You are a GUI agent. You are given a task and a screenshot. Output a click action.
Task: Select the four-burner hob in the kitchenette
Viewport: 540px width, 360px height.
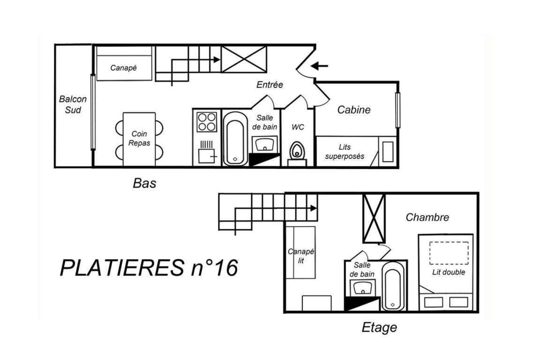pos(207,122)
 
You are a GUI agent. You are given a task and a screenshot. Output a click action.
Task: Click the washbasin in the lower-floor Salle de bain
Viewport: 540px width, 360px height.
pos(264,144)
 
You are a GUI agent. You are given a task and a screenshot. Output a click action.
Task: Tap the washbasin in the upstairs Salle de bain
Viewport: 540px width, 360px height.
pos(362,287)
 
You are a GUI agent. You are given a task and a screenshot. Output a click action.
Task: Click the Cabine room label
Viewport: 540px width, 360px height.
pos(354,110)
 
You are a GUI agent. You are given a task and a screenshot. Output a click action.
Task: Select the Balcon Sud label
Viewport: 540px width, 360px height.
pos(73,105)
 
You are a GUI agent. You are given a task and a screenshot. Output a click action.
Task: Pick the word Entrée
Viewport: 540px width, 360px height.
pos(270,85)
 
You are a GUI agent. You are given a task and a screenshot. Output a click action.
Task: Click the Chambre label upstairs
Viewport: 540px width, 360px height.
pos(427,217)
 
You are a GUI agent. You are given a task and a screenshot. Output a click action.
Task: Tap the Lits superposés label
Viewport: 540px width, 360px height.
pos(345,151)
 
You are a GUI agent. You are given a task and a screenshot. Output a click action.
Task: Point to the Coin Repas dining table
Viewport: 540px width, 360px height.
pos(139,139)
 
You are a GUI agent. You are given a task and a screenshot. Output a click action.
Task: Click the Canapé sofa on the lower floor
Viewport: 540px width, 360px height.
pos(124,64)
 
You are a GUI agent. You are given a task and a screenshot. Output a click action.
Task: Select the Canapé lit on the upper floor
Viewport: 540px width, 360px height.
pos(300,252)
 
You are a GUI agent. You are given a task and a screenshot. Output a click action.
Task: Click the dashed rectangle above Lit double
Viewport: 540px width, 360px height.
pos(449,253)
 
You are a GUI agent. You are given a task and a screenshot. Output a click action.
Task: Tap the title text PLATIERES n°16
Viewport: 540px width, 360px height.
pos(149,268)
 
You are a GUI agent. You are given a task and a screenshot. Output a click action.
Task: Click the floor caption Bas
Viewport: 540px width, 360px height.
pos(144,183)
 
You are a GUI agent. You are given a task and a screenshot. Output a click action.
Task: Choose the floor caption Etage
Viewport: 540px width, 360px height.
pos(379,327)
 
